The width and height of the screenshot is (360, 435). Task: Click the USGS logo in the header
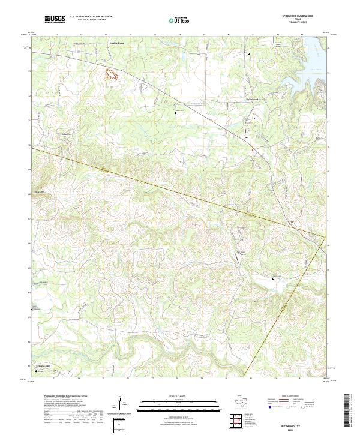[x=55, y=20]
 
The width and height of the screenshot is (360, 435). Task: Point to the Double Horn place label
[x=116, y=43]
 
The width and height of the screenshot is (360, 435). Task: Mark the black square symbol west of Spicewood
[x=176, y=112]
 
